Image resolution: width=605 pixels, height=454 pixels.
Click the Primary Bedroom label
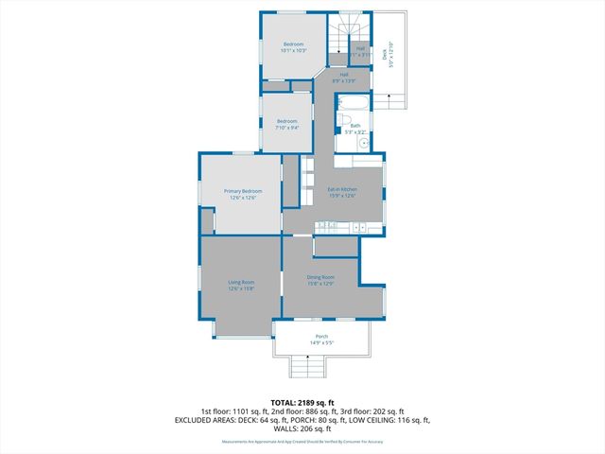pos(243,191)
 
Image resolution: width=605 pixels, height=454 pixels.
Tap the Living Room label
pos(242,282)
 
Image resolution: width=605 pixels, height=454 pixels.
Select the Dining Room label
pos(320,277)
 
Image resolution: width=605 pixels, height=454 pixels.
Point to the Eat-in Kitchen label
pos(341,189)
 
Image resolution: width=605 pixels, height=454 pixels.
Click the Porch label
pos(321,337)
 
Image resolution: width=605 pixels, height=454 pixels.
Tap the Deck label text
pos(385,53)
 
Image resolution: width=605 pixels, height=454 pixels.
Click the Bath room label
pos(355,125)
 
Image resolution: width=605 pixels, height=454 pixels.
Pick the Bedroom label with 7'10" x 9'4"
pos(286,121)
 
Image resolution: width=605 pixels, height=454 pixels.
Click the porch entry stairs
pos(307,367)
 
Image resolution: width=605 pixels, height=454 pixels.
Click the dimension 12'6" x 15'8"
pos(242,288)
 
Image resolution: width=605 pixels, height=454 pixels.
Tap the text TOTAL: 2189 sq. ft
pos(302,403)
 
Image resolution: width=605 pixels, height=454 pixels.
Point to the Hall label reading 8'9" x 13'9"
pos(343,81)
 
